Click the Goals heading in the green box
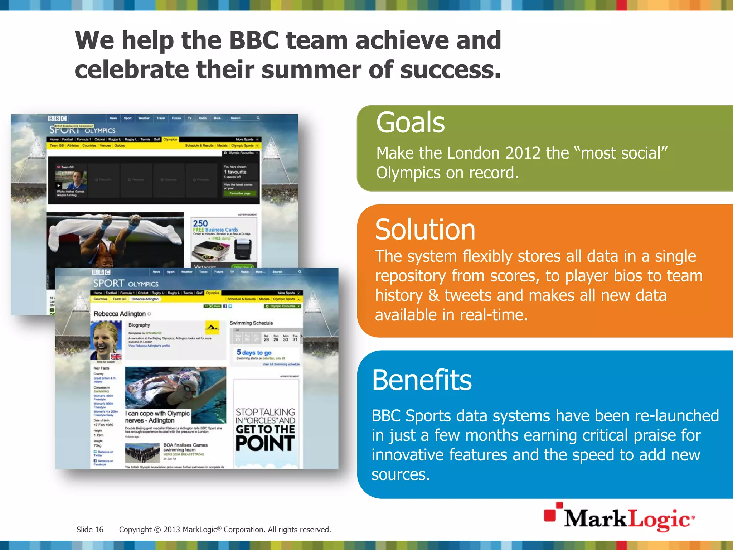point(410,123)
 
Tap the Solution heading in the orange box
point(425,230)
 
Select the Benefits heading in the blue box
point(422,380)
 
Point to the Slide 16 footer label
point(90,530)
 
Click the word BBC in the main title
point(253,40)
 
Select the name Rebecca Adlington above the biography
point(120,314)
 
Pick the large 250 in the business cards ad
point(200,223)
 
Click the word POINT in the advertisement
point(265,443)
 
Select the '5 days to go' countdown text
point(254,353)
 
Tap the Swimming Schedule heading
point(251,323)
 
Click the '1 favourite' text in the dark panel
point(235,172)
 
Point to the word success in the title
point(450,70)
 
